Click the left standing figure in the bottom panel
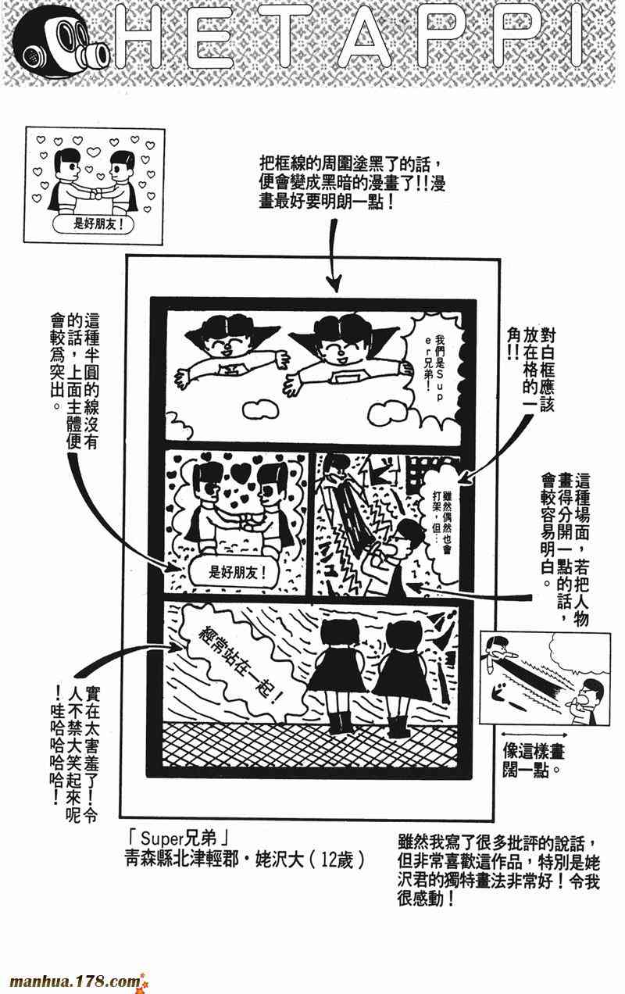(x=337, y=671)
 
